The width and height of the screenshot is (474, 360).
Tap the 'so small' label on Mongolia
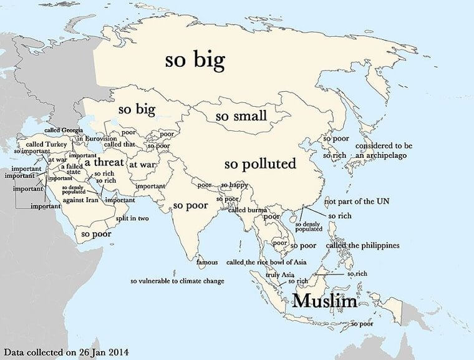pyautogui.click(x=241, y=117)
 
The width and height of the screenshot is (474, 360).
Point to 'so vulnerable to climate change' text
pyautogui.click(x=177, y=281)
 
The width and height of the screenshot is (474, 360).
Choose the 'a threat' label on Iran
pyautogui.click(x=104, y=162)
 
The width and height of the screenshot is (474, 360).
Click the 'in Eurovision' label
pyautogui.click(x=96, y=139)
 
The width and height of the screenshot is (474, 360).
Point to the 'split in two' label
pyautogui.click(x=132, y=218)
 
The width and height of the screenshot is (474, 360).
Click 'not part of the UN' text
pyautogui.click(x=358, y=202)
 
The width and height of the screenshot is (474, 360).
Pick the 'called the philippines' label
pyautogui.click(x=362, y=246)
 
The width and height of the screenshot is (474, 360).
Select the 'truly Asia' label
pyautogui.click(x=279, y=275)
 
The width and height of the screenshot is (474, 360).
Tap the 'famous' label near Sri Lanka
pyautogui.click(x=207, y=262)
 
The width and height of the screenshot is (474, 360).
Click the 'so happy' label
pyautogui.click(x=235, y=185)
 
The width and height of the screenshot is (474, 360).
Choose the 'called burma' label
pyautogui.click(x=248, y=210)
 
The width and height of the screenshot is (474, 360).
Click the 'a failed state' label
pyautogui.click(x=70, y=169)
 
